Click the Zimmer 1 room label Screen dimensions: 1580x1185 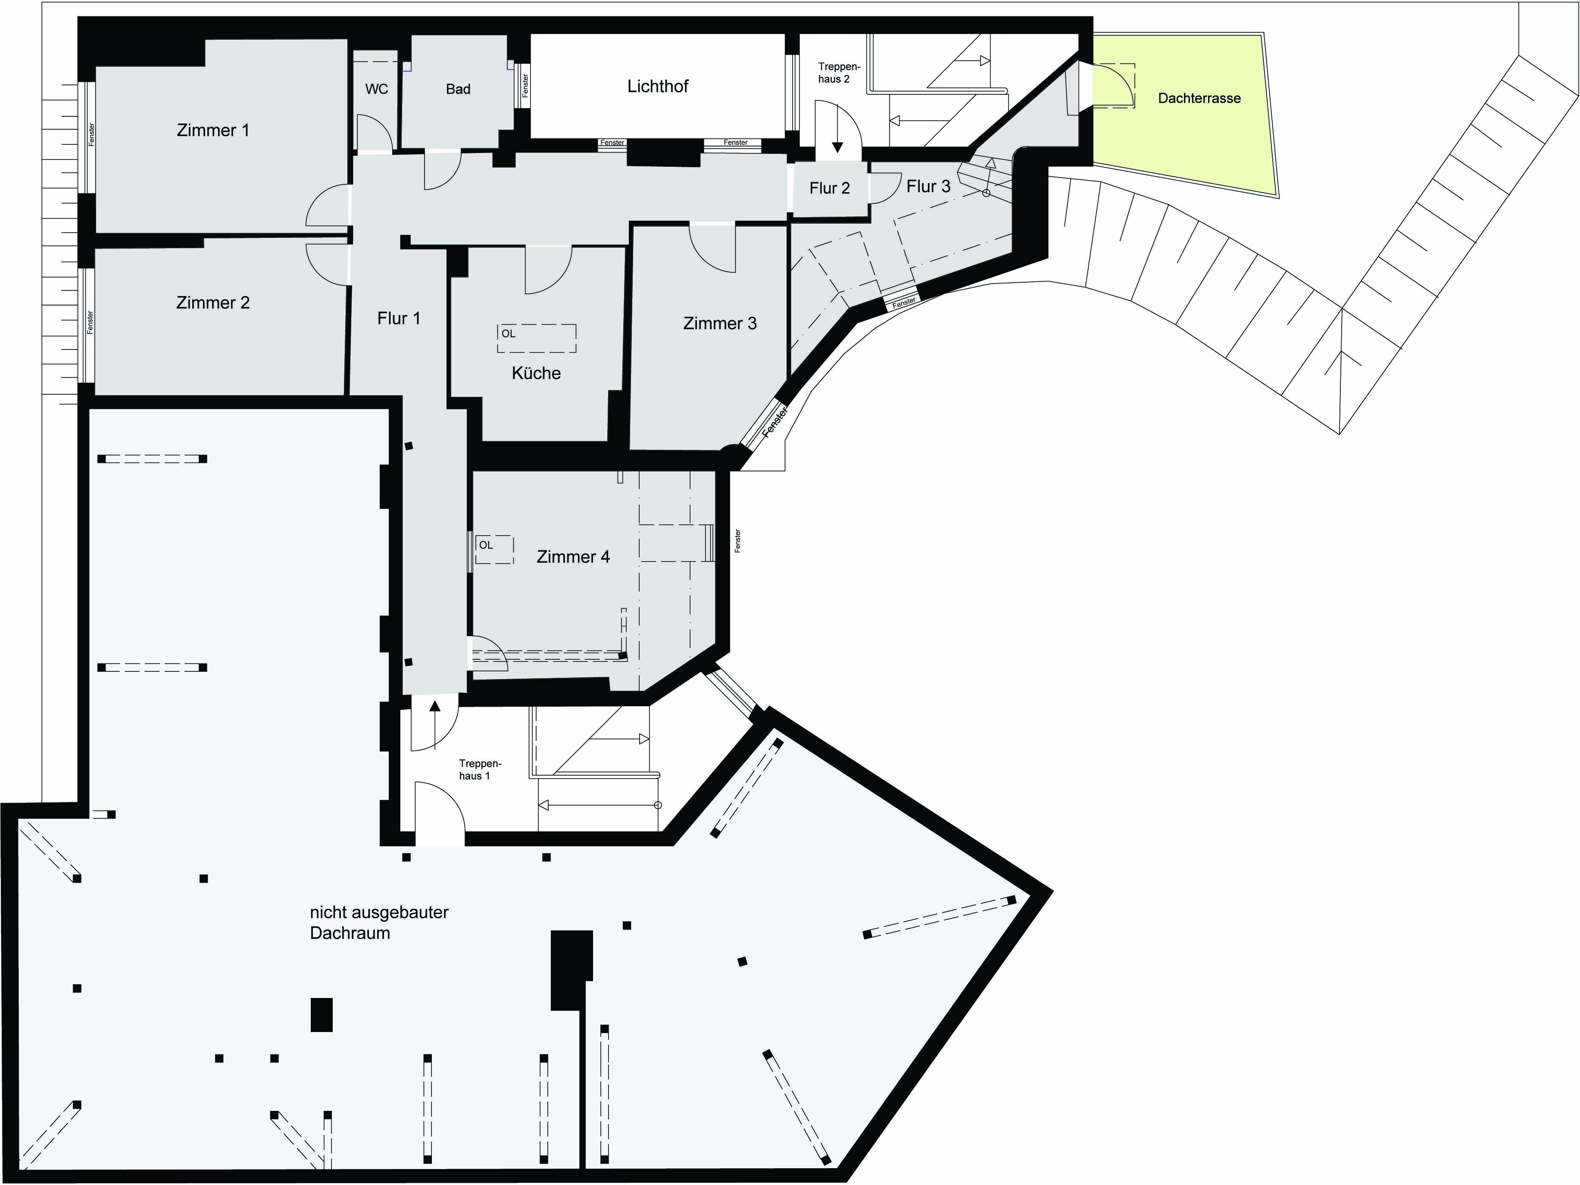pyautogui.click(x=213, y=130)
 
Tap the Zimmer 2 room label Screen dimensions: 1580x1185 pyautogui.click(x=213, y=303)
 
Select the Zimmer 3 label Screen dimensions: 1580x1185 pyautogui.click(x=720, y=324)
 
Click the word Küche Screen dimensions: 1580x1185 pyautogui.click(x=537, y=373)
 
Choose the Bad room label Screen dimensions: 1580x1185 pyautogui.click(x=458, y=89)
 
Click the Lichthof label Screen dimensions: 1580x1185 pyautogui.click(x=658, y=87)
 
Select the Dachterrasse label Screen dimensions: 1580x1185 pyautogui.click(x=1199, y=99)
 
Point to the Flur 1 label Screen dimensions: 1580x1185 pyautogui.click(x=399, y=318)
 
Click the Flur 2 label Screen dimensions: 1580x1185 pyautogui.click(x=829, y=189)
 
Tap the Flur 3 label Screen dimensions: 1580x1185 pyautogui.click(x=929, y=187)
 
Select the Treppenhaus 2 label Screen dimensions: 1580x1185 pyautogui.click(x=839, y=73)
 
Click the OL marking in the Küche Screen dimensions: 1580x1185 pyautogui.click(x=509, y=334)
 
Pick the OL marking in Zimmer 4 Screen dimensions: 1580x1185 pyautogui.click(x=486, y=545)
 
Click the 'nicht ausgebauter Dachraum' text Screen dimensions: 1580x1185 pyautogui.click(x=379, y=923)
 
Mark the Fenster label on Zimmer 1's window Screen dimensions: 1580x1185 pyautogui.click(x=91, y=135)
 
